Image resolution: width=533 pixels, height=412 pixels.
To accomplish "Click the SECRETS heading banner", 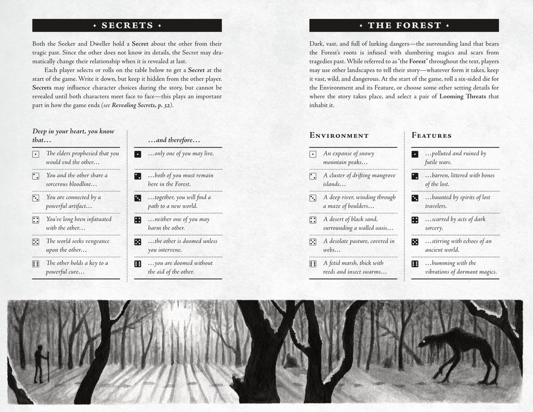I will tap(127, 25).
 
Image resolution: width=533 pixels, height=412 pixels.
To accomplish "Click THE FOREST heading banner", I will tap(404, 25).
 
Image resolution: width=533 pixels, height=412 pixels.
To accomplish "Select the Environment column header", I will tap(339, 136).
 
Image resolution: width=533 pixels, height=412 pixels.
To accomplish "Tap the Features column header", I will tap(432, 136).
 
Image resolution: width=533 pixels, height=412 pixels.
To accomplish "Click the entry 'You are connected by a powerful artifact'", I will tap(73, 201).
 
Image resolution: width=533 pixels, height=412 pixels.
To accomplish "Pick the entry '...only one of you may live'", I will tap(181, 154).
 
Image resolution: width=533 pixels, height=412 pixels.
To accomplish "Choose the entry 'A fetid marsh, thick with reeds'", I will tap(355, 267).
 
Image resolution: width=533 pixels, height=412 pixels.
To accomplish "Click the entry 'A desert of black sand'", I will tap(358, 224).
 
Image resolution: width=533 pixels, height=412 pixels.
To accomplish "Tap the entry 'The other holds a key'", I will tap(77, 267).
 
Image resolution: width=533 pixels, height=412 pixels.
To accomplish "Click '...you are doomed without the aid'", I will tap(180, 267).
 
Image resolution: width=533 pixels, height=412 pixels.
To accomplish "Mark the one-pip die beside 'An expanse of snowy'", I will tap(313, 154).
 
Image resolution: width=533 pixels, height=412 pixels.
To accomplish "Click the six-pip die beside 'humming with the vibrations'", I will tap(415, 264).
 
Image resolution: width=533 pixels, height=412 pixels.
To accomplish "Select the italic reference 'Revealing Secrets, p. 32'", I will tap(142, 106).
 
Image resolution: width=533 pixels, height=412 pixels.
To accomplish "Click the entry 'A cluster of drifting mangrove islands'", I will tap(359, 179).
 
